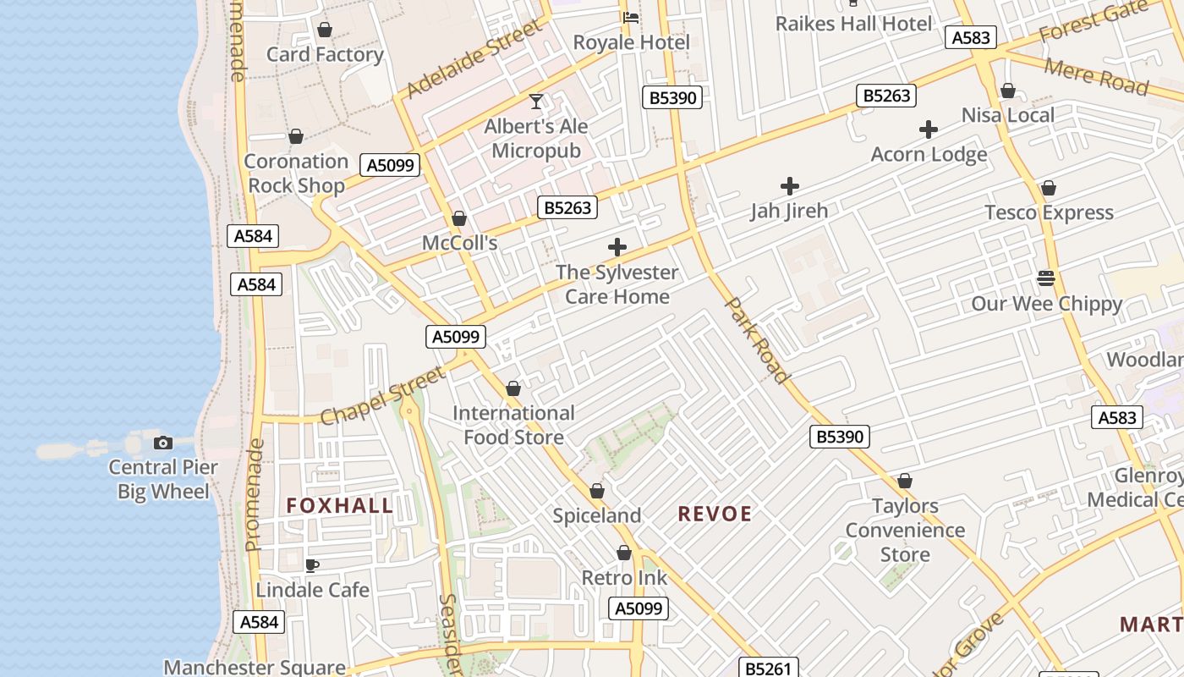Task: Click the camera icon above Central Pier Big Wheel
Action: click(163, 443)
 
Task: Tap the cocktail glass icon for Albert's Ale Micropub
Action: click(536, 102)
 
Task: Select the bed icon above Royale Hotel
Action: click(631, 18)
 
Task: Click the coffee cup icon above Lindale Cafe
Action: click(312, 565)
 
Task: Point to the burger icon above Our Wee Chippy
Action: click(1046, 278)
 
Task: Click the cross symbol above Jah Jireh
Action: click(790, 186)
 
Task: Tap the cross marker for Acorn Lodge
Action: click(929, 129)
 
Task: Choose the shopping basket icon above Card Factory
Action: click(325, 30)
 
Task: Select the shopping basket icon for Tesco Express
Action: click(1049, 188)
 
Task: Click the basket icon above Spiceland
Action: click(597, 491)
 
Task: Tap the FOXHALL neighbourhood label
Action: click(340, 506)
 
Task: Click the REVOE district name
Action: click(715, 514)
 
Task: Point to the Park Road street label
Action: click(758, 339)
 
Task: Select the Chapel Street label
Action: click(382, 396)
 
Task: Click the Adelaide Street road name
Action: click(474, 60)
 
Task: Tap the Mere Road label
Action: click(1097, 76)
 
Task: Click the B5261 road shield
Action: click(769, 669)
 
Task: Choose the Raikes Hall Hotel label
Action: click(854, 23)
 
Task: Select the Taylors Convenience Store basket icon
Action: click(905, 482)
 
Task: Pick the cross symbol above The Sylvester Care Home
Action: click(617, 247)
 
